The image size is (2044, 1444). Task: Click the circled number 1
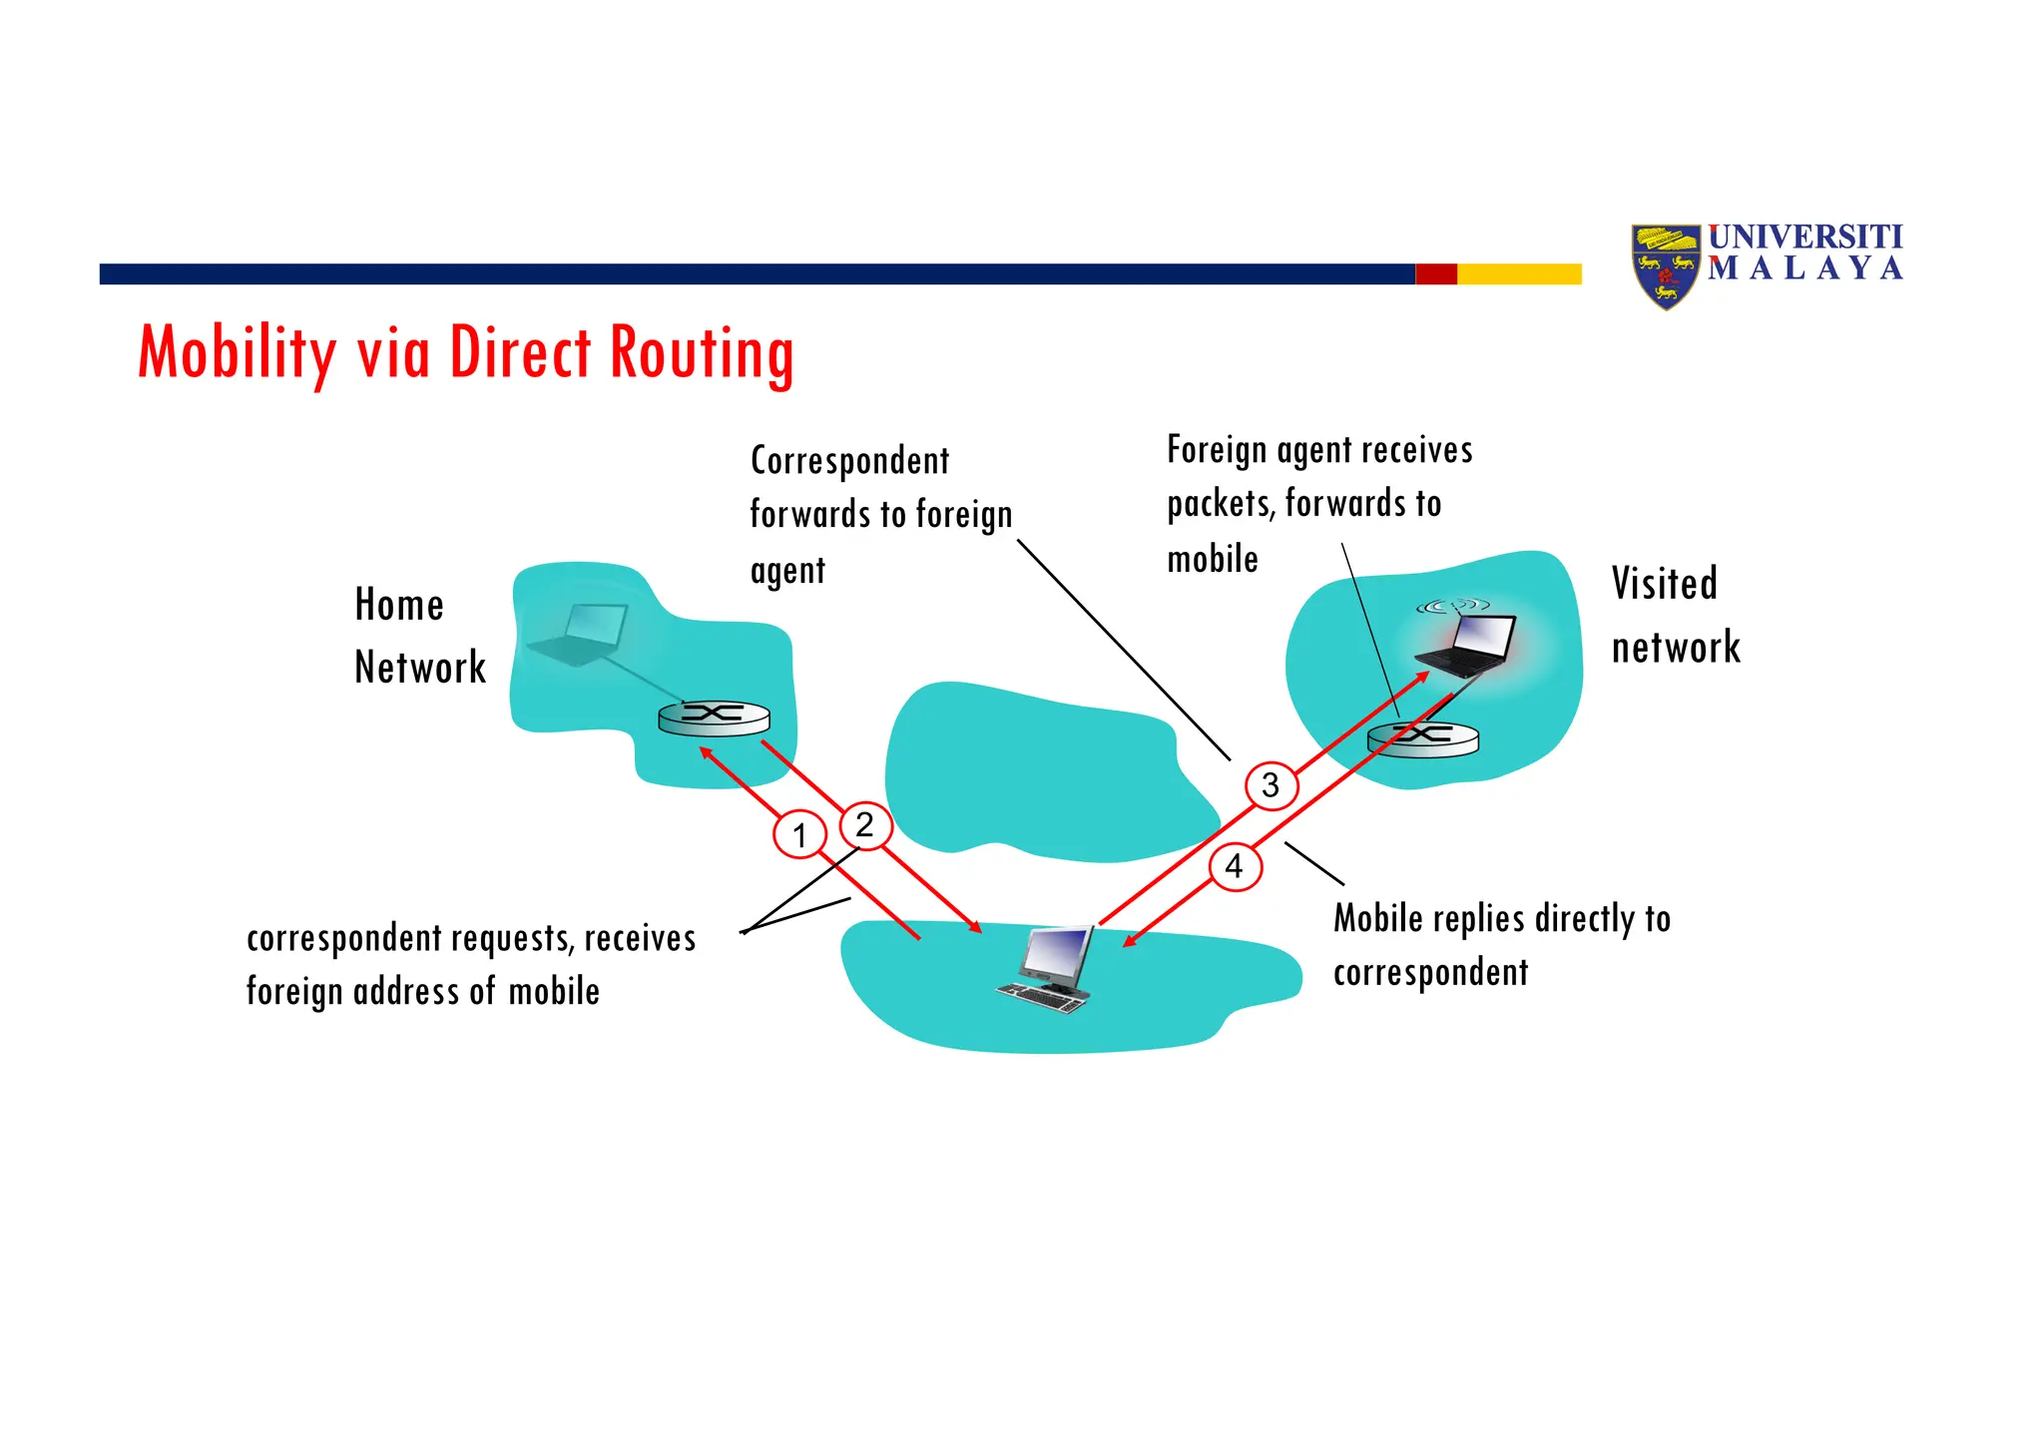tap(799, 835)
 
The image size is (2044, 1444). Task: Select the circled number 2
tap(864, 825)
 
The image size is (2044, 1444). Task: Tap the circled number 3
tap(1271, 785)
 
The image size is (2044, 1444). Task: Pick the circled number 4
tap(1235, 866)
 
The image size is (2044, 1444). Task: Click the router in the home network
tap(714, 718)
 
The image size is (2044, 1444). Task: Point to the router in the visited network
tap(1422, 738)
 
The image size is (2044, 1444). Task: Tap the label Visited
tap(1664, 584)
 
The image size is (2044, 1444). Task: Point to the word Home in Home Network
tap(399, 605)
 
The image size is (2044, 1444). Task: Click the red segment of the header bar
tap(1436, 273)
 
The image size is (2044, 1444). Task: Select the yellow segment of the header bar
tap(1519, 273)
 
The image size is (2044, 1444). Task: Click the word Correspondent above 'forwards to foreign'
tap(849, 461)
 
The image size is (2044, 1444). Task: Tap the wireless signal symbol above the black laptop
tap(1452, 606)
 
